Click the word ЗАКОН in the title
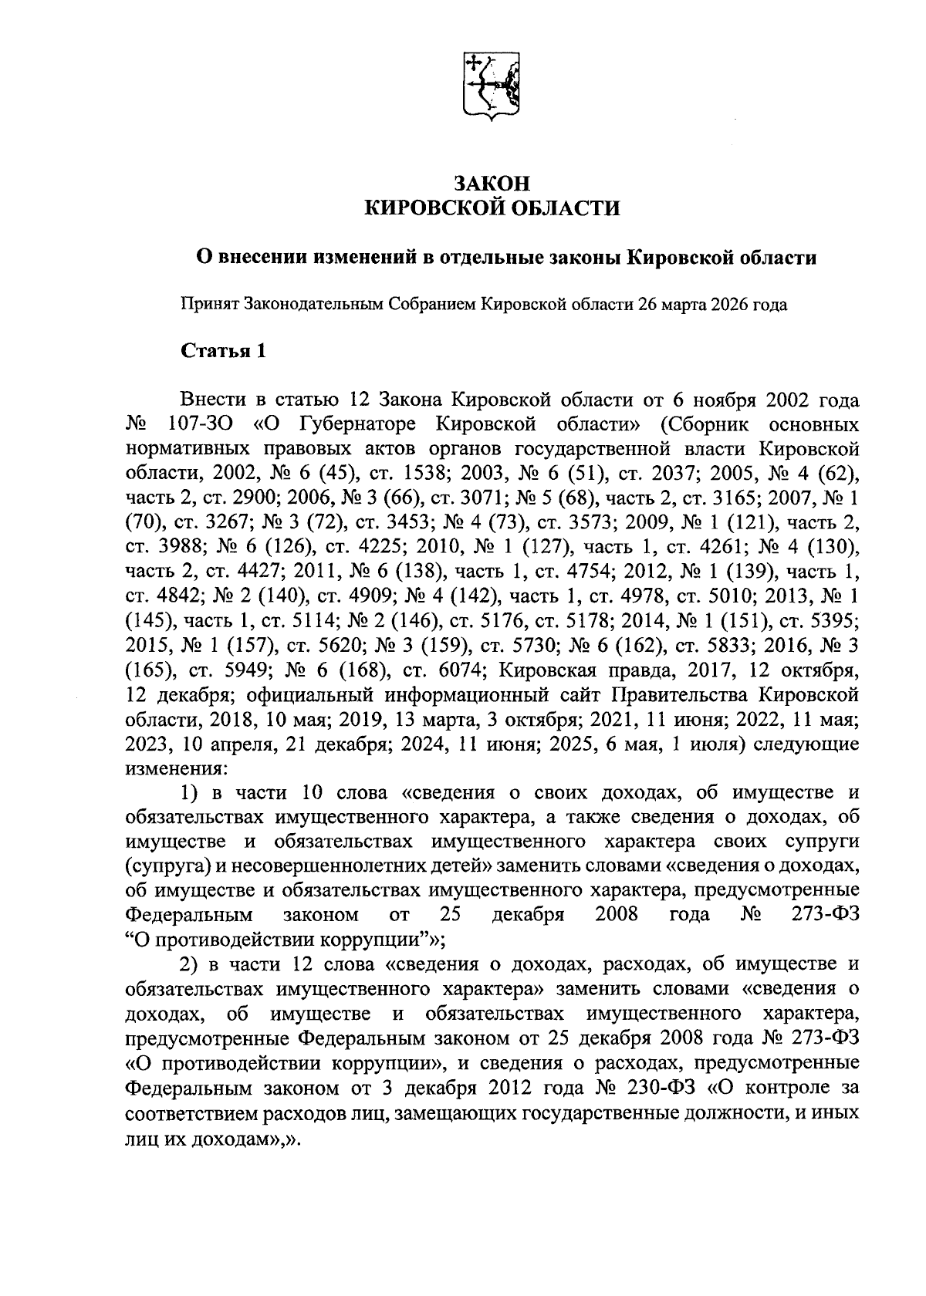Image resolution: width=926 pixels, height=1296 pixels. (492, 184)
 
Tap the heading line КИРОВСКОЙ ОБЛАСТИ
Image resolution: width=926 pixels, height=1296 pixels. (492, 209)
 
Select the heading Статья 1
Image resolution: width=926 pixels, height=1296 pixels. (223, 351)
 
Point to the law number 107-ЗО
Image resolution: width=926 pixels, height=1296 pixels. (195, 424)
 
